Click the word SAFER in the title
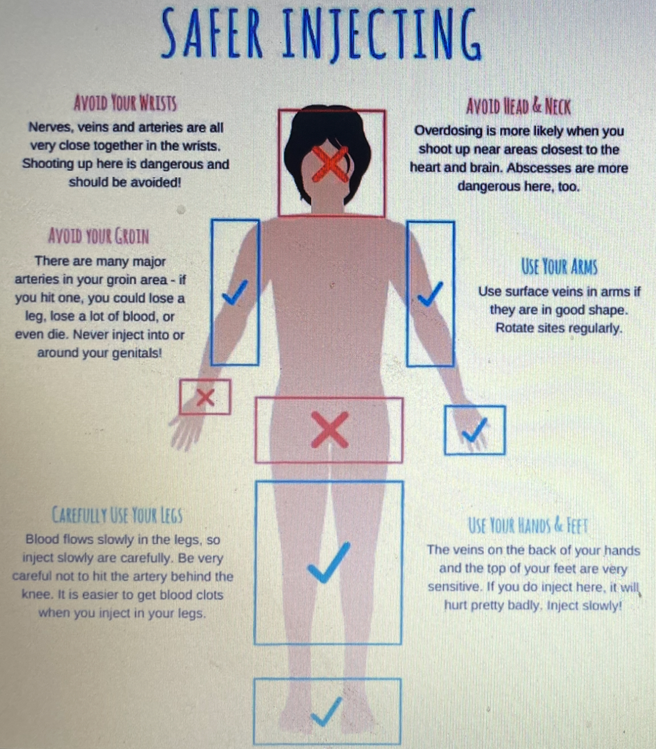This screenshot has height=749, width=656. point(211,33)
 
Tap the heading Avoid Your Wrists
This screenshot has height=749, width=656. point(125,103)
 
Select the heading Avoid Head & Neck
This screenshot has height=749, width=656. point(518,107)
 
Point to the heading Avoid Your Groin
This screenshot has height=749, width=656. point(99,236)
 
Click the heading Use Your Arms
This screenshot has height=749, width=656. point(559,267)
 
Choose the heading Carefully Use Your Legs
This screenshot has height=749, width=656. point(117,515)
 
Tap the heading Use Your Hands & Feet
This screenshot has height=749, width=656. point(528,526)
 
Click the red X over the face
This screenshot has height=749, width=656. point(330,164)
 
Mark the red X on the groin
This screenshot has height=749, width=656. point(329,429)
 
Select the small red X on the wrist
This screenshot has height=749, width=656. point(205,397)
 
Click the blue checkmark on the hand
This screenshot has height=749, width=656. point(475,431)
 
